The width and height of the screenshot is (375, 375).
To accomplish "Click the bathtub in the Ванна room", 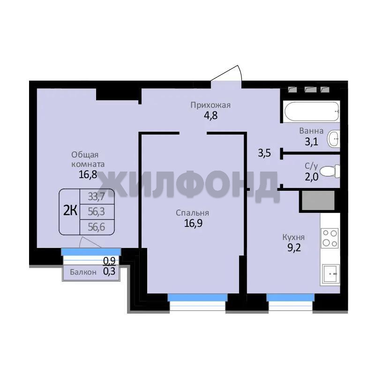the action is click(311, 112).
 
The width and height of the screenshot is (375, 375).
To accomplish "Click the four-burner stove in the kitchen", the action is click(330, 238).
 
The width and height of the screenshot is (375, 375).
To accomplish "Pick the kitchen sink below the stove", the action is click(331, 274).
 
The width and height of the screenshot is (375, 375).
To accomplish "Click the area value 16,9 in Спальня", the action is click(193, 223).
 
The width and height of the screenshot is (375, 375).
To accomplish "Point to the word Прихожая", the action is click(210, 105).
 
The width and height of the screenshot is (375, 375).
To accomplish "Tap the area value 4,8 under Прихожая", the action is click(210, 116).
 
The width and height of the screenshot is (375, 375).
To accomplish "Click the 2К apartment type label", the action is click(70, 211).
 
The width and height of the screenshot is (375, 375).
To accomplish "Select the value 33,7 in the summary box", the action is click(97, 196).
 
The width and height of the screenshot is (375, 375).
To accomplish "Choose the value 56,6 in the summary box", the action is click(97, 227).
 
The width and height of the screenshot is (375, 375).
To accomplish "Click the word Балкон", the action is click(83, 272).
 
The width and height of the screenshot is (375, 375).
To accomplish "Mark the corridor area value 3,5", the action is click(264, 153).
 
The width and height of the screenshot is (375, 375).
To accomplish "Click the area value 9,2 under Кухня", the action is click(294, 248).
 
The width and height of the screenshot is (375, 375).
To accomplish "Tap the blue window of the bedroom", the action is click(197, 298).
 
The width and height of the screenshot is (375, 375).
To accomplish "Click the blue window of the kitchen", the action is click(290, 298).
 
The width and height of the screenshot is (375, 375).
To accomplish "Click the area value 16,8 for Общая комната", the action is click(88, 174).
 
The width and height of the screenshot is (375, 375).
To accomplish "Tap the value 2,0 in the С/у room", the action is click(311, 177).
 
